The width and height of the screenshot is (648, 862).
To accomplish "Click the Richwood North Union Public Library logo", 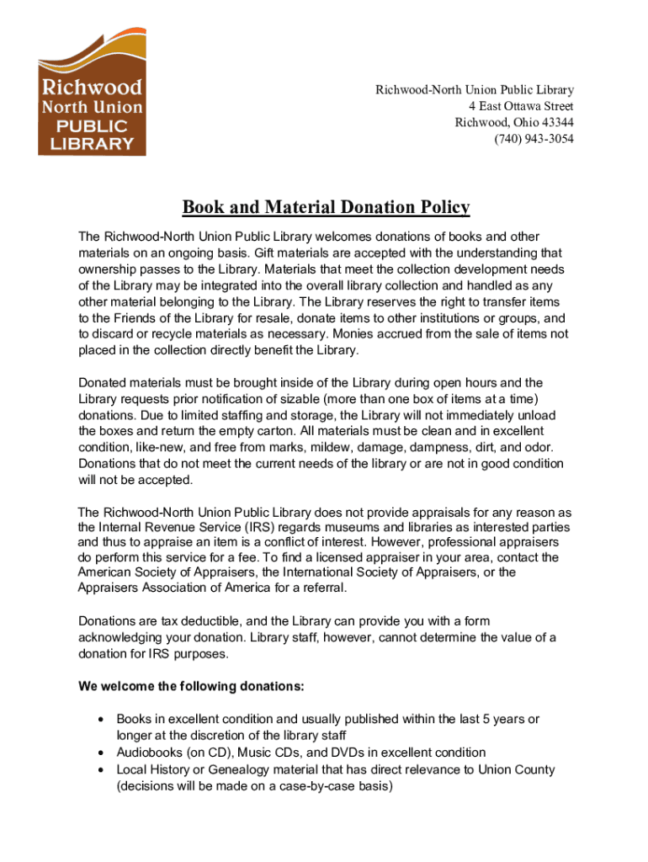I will click(x=92, y=93).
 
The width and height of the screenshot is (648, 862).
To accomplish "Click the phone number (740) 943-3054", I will click(x=534, y=139).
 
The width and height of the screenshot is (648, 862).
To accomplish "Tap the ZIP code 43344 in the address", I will click(x=556, y=122).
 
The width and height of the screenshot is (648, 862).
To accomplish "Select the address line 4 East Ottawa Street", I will click(x=521, y=106).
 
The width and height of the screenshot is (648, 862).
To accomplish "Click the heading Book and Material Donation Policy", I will click(x=327, y=207).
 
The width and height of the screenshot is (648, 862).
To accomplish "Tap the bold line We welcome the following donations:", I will click(x=191, y=686).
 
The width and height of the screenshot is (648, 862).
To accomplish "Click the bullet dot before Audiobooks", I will click(x=101, y=753).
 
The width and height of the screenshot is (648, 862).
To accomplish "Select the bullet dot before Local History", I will click(x=101, y=769).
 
